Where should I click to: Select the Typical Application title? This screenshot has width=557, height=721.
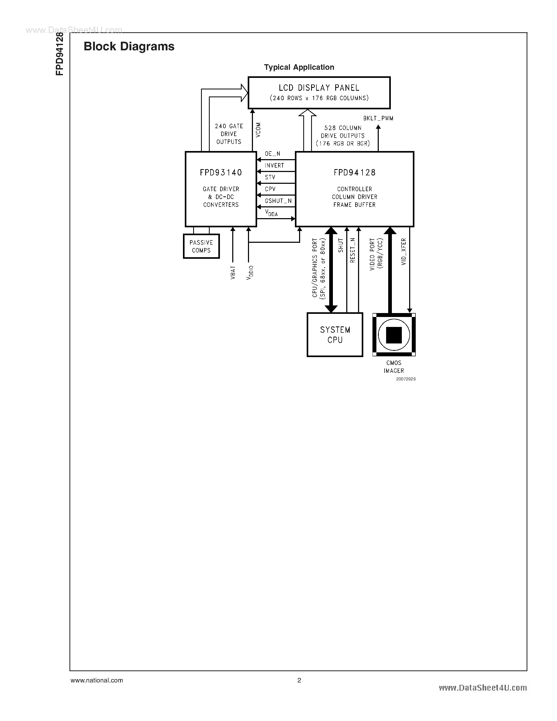pos(299,67)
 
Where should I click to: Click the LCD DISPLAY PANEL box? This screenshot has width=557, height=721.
pos(319,93)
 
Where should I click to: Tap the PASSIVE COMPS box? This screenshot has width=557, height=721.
pos(201,246)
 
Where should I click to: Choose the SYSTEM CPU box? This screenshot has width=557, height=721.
pos(335,335)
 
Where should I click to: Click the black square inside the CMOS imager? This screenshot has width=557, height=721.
pos(394,335)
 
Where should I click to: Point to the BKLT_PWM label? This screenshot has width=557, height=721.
pos(378,119)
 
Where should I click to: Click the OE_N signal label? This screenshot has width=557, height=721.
pos(273,154)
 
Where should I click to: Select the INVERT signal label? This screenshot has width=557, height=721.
pos(274,166)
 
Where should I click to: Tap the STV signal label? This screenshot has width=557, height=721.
pos(270,177)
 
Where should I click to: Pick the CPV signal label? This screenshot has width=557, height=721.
pos(270,189)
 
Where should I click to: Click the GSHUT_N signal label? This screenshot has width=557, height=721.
pos(278,201)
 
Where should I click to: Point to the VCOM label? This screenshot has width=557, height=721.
pos(258,130)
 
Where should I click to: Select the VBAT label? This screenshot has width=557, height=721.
pos(233,273)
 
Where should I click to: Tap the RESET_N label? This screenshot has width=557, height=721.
pos(352,250)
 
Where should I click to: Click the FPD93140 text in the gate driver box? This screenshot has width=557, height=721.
pos(221,173)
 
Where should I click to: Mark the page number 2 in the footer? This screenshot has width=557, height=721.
pos(299,680)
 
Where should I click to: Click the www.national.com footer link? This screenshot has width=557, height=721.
pos(97,680)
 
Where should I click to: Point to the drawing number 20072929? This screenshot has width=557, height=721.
pos(406,379)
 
